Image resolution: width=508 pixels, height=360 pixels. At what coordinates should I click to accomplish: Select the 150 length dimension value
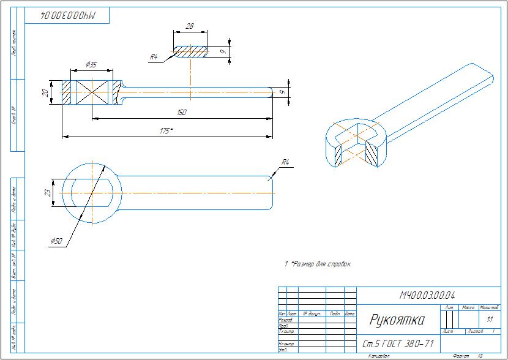tap(181, 113)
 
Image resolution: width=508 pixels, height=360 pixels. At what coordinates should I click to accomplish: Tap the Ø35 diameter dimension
tap(92, 64)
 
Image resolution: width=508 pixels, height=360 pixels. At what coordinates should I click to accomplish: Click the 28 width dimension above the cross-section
tap(189, 26)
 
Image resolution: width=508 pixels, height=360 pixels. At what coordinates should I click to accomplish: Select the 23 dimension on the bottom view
tap(47, 193)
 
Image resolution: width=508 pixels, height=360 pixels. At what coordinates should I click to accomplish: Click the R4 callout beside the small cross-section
tap(154, 56)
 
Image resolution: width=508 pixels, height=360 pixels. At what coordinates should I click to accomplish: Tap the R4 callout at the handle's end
tap(285, 162)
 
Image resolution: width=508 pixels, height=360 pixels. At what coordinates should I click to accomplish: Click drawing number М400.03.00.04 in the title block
tap(427, 296)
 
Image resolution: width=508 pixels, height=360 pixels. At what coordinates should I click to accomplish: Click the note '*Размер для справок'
tap(321, 264)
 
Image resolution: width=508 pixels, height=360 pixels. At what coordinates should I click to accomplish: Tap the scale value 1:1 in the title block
tap(489, 320)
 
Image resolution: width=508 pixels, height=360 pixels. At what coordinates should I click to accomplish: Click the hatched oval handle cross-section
tap(190, 51)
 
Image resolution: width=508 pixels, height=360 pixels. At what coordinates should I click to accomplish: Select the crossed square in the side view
tap(92, 92)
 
